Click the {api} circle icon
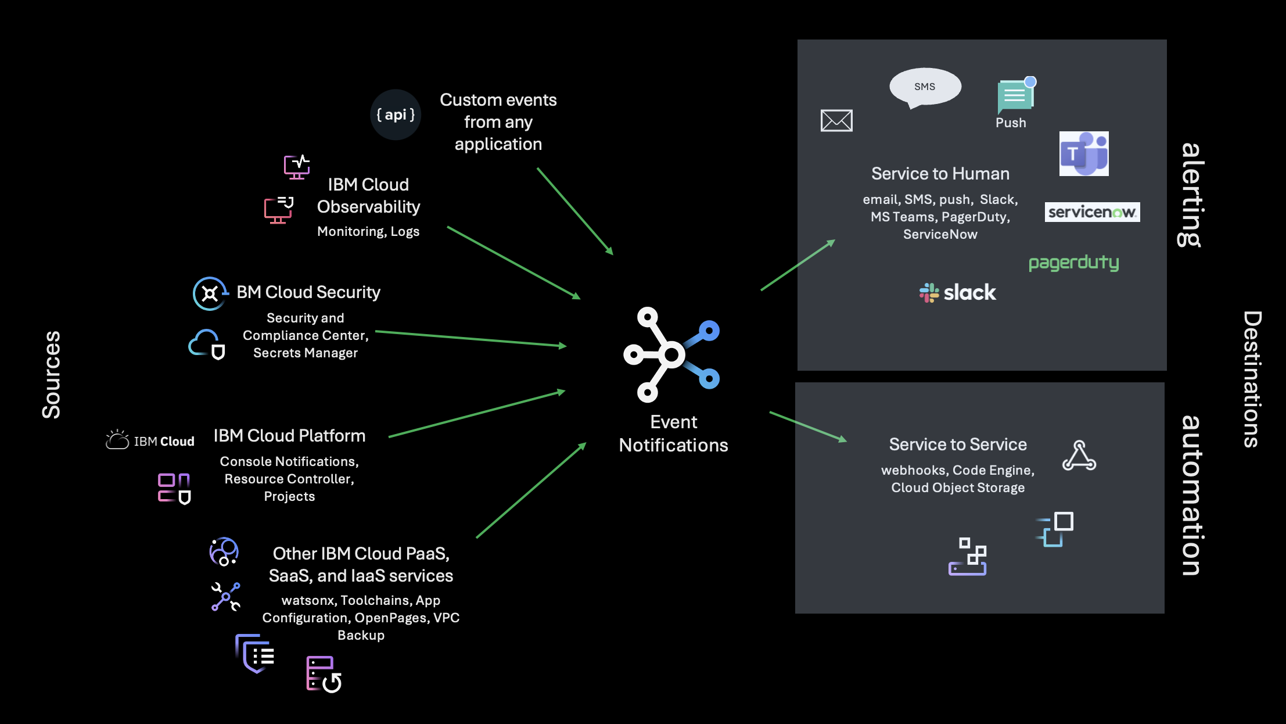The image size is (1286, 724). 396,114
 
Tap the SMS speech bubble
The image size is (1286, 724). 925,87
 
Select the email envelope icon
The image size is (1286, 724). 836,120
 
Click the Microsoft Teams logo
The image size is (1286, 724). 1084,153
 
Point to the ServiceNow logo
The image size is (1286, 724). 1092,212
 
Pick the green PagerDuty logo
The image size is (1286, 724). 1073,263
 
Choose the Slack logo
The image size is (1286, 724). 958,292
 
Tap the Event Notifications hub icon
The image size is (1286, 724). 671,354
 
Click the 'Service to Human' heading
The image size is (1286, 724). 940,174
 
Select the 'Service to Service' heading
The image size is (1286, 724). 958,445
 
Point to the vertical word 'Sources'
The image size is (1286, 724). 51,375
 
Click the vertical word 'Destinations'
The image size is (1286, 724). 1252,379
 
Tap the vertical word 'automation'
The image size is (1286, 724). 1191,495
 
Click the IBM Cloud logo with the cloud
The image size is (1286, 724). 150,440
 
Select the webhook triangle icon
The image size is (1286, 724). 1079,456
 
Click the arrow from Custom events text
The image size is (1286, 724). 575,212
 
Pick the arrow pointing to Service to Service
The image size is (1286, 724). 808,426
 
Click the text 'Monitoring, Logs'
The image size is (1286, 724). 368,231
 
